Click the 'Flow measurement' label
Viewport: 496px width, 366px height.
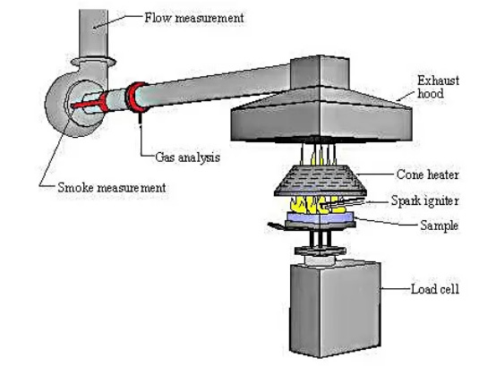(x=194, y=18)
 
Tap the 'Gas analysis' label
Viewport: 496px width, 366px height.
(x=188, y=157)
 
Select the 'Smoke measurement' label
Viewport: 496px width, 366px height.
(x=112, y=188)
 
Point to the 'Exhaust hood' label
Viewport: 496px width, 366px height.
(x=438, y=87)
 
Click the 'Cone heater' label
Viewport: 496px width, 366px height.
(x=427, y=174)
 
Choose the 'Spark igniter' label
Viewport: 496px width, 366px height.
(x=425, y=201)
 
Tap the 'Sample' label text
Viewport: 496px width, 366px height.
(x=440, y=226)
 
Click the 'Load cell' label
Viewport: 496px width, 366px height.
(x=434, y=289)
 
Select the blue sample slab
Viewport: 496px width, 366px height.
(x=320, y=217)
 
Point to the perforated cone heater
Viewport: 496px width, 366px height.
(x=321, y=181)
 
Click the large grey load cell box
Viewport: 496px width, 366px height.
(x=335, y=309)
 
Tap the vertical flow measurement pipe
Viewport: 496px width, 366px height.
(x=93, y=34)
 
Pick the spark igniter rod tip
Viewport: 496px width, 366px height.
(x=322, y=207)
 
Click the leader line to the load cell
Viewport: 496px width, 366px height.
(x=396, y=288)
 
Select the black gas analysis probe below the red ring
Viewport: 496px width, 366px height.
(x=140, y=120)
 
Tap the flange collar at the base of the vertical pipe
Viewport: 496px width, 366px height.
(x=93, y=61)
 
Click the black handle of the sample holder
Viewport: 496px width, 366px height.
(x=276, y=226)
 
